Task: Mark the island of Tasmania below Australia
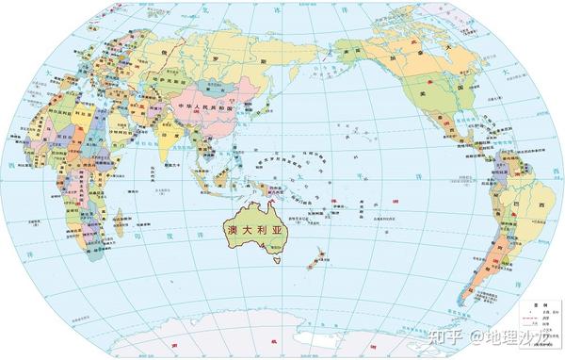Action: (x=277, y=259)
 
